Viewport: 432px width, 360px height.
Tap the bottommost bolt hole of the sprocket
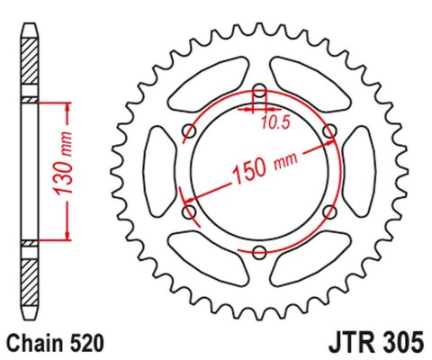click(259, 252)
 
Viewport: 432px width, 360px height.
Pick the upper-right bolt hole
click(329, 131)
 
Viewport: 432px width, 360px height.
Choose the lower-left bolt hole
click(189, 212)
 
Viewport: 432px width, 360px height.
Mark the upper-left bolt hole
click(189, 131)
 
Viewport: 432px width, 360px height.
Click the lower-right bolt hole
click(329, 212)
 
